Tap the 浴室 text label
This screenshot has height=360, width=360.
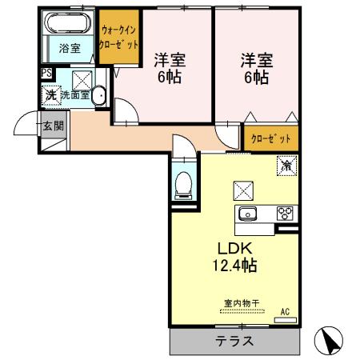click(70, 48)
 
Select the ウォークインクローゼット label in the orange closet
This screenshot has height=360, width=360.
click(119, 37)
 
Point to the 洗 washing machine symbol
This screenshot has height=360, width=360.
click(50, 95)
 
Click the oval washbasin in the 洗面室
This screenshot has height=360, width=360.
click(98, 96)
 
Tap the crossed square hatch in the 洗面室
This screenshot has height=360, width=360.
click(82, 78)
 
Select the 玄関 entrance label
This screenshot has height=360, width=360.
click(53, 126)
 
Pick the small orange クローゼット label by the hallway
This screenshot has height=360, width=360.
click(270, 138)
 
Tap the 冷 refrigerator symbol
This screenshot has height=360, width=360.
click(286, 166)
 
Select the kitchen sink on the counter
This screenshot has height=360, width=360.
click(247, 213)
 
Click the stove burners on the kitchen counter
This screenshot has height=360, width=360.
click(285, 213)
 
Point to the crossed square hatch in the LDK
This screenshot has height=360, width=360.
click(242, 190)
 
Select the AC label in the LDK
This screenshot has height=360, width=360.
click(284, 311)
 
